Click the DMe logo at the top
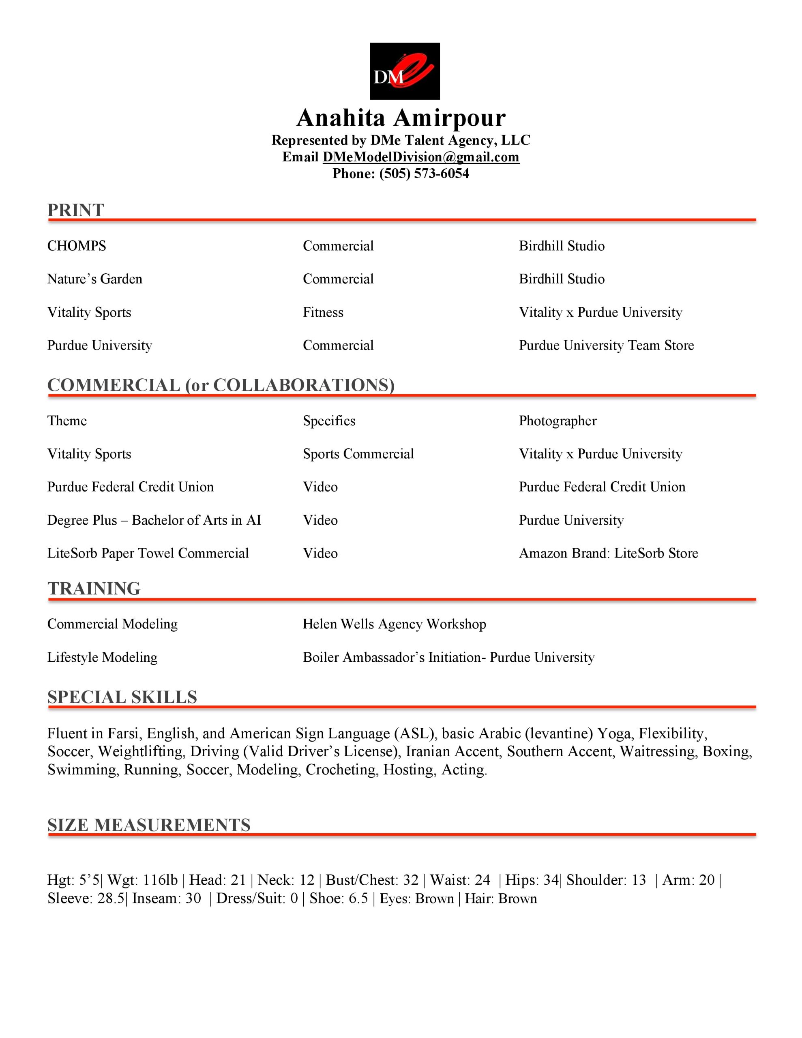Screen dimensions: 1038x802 (x=405, y=71)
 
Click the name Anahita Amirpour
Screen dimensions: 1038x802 (x=401, y=118)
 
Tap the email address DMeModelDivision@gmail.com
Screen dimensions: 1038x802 (x=421, y=157)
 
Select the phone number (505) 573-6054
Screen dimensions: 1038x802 (x=424, y=174)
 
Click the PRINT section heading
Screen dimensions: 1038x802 (x=75, y=210)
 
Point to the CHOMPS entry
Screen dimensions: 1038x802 (x=77, y=246)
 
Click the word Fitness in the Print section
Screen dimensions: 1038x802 (x=323, y=312)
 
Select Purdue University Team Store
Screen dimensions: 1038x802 (x=606, y=345)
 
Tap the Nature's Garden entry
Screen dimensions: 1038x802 (x=94, y=279)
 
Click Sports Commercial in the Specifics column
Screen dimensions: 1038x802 (x=358, y=454)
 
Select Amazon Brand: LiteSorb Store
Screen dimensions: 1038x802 (x=608, y=553)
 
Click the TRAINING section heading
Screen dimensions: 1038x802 (x=94, y=588)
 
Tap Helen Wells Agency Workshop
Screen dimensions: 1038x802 (x=394, y=624)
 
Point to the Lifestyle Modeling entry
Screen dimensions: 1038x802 (x=102, y=657)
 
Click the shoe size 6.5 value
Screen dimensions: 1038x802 (x=358, y=899)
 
